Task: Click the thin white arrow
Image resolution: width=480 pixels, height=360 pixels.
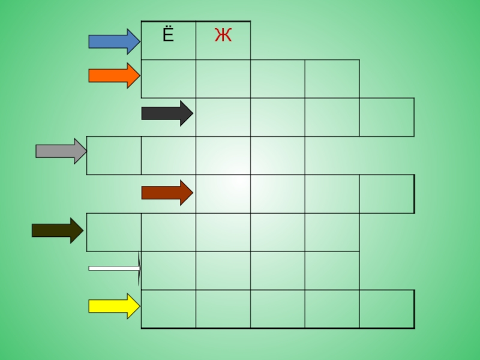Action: pyautogui.click(x=114, y=269)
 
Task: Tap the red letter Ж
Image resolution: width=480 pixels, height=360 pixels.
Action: pyautogui.click(x=223, y=37)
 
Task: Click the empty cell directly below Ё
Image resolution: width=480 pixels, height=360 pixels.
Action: pyautogui.click(x=169, y=79)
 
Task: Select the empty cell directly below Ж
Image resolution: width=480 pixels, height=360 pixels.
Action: pyautogui.click(x=223, y=79)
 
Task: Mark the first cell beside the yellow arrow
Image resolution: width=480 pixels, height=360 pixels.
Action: pyautogui.click(x=169, y=309)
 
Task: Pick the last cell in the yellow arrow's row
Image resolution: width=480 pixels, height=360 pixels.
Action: pyautogui.click(x=386, y=309)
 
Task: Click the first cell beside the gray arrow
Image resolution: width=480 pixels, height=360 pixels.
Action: pyautogui.click(x=114, y=155)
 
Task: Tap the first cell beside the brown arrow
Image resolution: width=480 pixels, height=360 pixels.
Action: pyautogui.click(x=223, y=194)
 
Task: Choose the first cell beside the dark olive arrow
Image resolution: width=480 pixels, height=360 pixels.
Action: pyautogui.click(x=114, y=232)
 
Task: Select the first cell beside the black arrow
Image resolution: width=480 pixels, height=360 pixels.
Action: pyautogui.click(x=223, y=117)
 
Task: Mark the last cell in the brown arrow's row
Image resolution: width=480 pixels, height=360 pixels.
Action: pyautogui.click(x=386, y=194)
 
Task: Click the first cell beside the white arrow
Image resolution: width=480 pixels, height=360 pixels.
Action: pyautogui.click(x=169, y=271)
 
